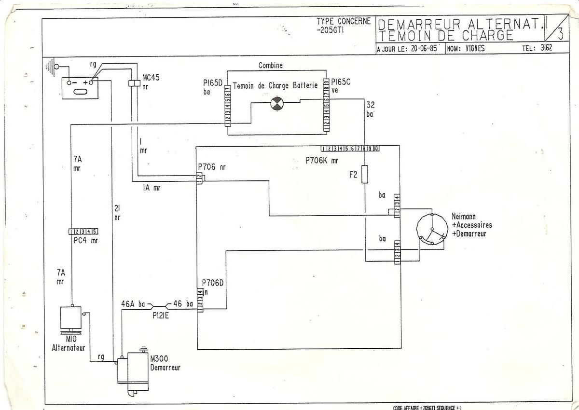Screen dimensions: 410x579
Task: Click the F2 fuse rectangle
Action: pyautogui.click(x=365, y=175)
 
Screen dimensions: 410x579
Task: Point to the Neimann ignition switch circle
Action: pyautogui.click(x=431, y=232)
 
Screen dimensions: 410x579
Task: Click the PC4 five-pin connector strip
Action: pyautogui.click(x=84, y=232)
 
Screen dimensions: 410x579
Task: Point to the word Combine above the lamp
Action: pyautogui.click(x=271, y=65)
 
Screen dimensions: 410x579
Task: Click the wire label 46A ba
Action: pyautogui.click(x=133, y=304)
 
